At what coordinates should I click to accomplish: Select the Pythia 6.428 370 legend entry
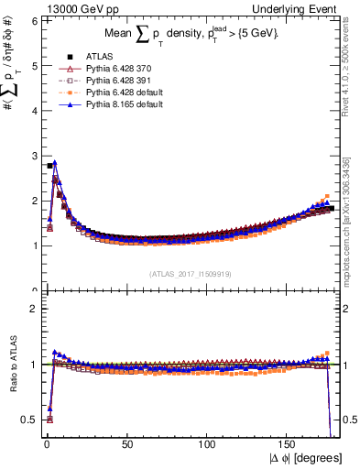point(104,70)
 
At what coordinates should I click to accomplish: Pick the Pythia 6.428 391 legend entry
point(104,82)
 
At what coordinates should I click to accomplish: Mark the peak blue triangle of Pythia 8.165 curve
point(55,163)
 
